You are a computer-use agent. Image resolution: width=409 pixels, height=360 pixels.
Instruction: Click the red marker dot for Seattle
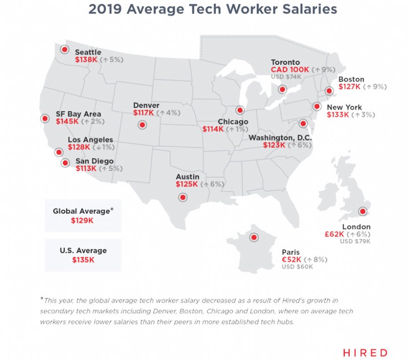(x=65, y=49)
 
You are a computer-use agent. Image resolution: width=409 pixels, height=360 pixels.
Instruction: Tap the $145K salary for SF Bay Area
(x=67, y=121)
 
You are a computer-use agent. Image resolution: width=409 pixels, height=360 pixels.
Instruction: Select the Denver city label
(x=146, y=105)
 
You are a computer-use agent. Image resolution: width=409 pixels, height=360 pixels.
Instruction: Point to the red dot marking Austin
(x=183, y=197)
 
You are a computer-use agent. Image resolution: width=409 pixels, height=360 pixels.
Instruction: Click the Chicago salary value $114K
(x=213, y=129)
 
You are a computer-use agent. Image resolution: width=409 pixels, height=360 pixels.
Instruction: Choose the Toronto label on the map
(x=285, y=62)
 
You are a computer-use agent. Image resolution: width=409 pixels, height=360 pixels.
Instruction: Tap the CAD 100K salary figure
(x=290, y=70)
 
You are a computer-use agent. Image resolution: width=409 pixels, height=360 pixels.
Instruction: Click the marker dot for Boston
(x=329, y=91)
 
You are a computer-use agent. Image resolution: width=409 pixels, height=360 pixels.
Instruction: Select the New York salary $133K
(x=338, y=115)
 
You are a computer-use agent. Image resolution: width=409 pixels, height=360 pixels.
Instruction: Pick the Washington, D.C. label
(x=284, y=138)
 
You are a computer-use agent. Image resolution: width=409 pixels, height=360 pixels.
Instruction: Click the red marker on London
(x=362, y=211)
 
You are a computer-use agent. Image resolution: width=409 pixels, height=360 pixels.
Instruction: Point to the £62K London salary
(x=334, y=234)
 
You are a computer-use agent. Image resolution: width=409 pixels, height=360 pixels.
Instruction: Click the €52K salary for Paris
(x=291, y=260)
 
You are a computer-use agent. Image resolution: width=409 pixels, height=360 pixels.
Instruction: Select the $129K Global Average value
(x=82, y=221)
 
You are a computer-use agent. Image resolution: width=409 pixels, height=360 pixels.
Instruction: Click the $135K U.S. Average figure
(x=83, y=260)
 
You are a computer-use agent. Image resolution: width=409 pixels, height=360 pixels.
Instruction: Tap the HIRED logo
(x=365, y=352)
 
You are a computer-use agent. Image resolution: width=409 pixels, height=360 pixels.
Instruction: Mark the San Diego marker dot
(x=65, y=162)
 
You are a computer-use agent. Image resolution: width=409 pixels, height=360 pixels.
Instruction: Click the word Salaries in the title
(x=300, y=9)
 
